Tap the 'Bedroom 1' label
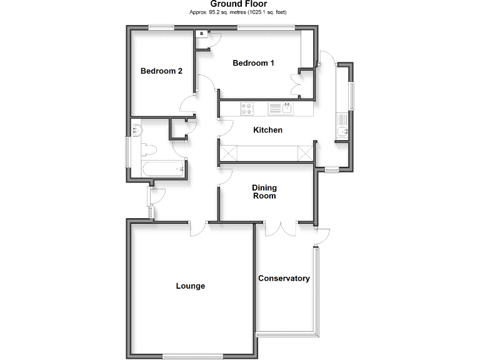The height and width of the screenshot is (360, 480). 253,63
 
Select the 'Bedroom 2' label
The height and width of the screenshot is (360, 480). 161,71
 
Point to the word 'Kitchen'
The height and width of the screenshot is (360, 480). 267,131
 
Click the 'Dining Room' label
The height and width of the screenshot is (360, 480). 264,192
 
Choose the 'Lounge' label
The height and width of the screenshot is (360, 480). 191,286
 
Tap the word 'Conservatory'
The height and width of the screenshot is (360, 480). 284,279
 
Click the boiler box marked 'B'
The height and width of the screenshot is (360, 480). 202,33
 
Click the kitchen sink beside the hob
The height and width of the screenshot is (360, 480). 287,109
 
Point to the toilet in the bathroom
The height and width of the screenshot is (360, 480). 148,151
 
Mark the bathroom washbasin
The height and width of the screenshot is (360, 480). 137,131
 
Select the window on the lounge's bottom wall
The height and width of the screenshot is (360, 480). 192,356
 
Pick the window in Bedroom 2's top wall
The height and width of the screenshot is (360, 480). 161,26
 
